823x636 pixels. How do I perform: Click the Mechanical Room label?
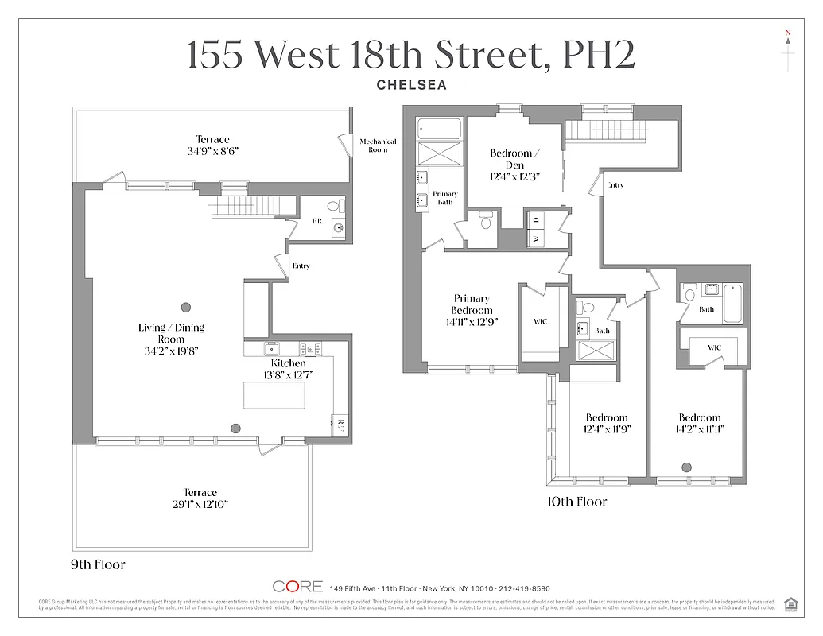tap(378, 145)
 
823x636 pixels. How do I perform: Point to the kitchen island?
tap(274, 395)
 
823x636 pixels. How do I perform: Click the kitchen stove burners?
tap(309, 348)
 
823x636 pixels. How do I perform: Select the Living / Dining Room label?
tap(171, 333)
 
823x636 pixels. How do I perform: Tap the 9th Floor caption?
tap(98, 565)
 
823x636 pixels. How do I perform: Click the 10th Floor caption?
tap(577, 502)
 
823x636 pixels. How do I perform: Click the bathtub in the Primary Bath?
tap(440, 129)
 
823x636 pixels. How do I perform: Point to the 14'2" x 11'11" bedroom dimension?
tap(699, 429)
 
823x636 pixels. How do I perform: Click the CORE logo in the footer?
tap(297, 587)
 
